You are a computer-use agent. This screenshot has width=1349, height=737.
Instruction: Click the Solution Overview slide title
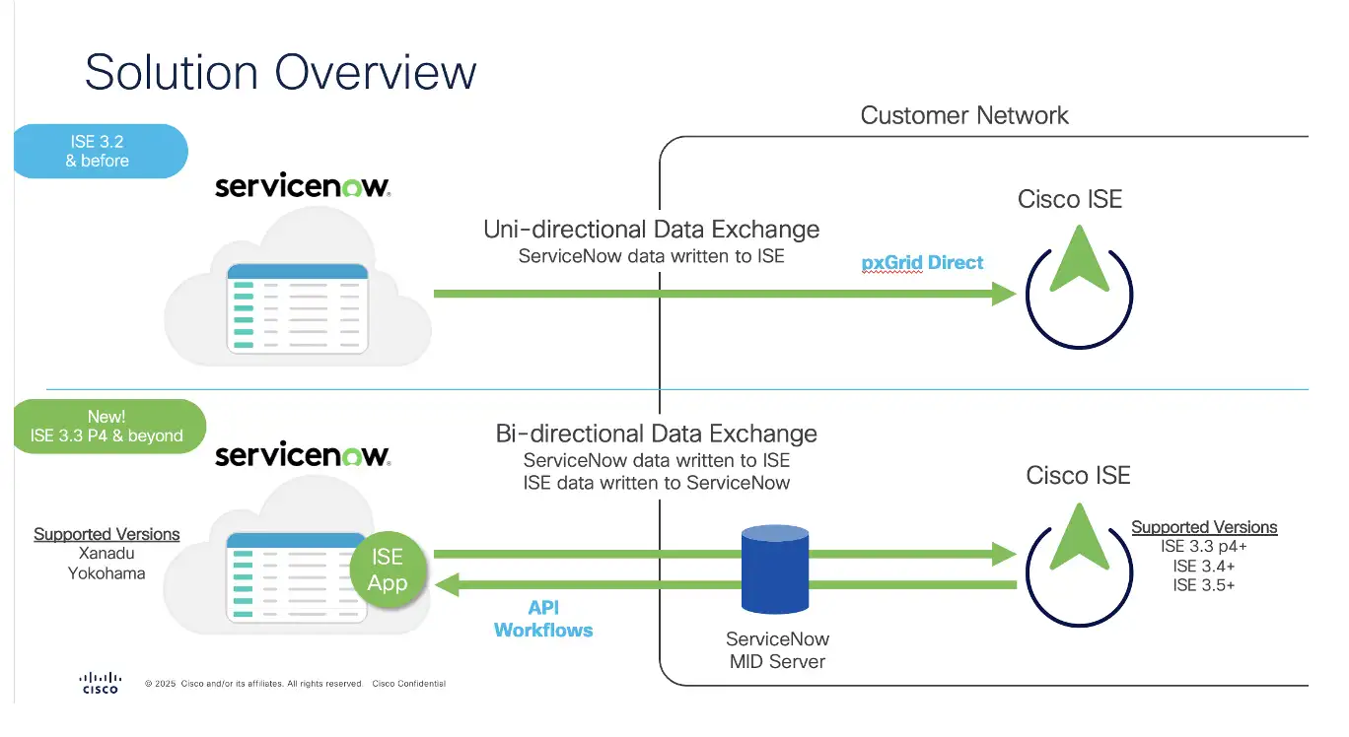pos(280,74)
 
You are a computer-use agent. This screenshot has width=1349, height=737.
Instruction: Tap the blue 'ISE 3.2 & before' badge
pos(98,151)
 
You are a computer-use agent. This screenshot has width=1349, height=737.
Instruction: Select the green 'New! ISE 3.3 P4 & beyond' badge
pos(106,427)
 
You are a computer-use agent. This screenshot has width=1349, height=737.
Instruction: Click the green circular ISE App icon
pos(388,569)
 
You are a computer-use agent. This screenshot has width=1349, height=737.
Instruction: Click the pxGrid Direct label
pos(922,263)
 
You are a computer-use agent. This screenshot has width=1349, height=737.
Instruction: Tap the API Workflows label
pos(543,619)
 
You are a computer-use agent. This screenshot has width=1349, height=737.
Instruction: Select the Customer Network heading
pos(964,115)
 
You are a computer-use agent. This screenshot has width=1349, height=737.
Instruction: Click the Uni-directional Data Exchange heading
pos(651,230)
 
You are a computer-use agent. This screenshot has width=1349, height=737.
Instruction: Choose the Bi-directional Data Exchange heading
pos(657,434)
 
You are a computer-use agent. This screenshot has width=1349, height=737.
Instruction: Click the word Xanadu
pos(106,554)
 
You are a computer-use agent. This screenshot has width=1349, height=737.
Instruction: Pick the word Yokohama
pos(106,573)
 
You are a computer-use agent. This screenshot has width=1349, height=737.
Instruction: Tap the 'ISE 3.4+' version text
pos(1204,566)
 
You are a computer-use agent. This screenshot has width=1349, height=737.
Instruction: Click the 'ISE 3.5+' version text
pos(1204,585)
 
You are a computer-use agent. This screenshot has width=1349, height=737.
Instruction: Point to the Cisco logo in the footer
pos(100,682)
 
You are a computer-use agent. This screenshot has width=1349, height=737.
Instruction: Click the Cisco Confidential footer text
pos(408,684)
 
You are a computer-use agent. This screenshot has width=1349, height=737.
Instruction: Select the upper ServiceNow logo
pos(302,186)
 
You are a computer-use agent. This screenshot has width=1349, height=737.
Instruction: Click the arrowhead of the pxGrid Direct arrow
pos(1004,294)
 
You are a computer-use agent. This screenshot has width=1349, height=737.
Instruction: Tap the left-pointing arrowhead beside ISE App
pos(448,585)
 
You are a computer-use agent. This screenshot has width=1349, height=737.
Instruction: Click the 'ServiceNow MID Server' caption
pos(776,649)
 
